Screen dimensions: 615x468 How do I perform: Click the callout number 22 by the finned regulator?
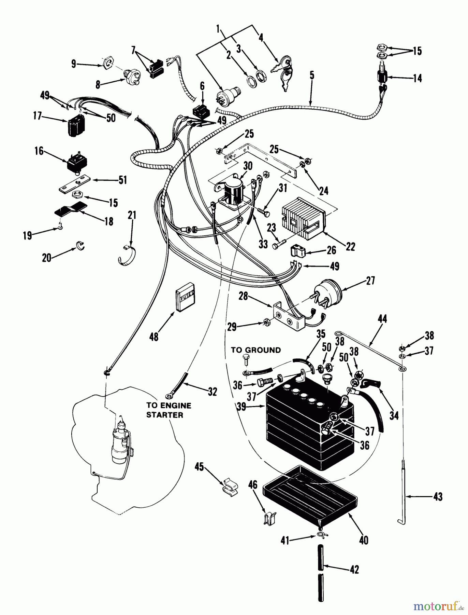pyautogui.click(x=350, y=246)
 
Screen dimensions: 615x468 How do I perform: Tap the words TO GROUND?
pyautogui.click(x=256, y=350)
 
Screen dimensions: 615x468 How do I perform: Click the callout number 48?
pyautogui.click(x=154, y=337)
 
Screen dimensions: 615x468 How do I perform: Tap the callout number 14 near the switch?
pyautogui.click(x=417, y=78)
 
